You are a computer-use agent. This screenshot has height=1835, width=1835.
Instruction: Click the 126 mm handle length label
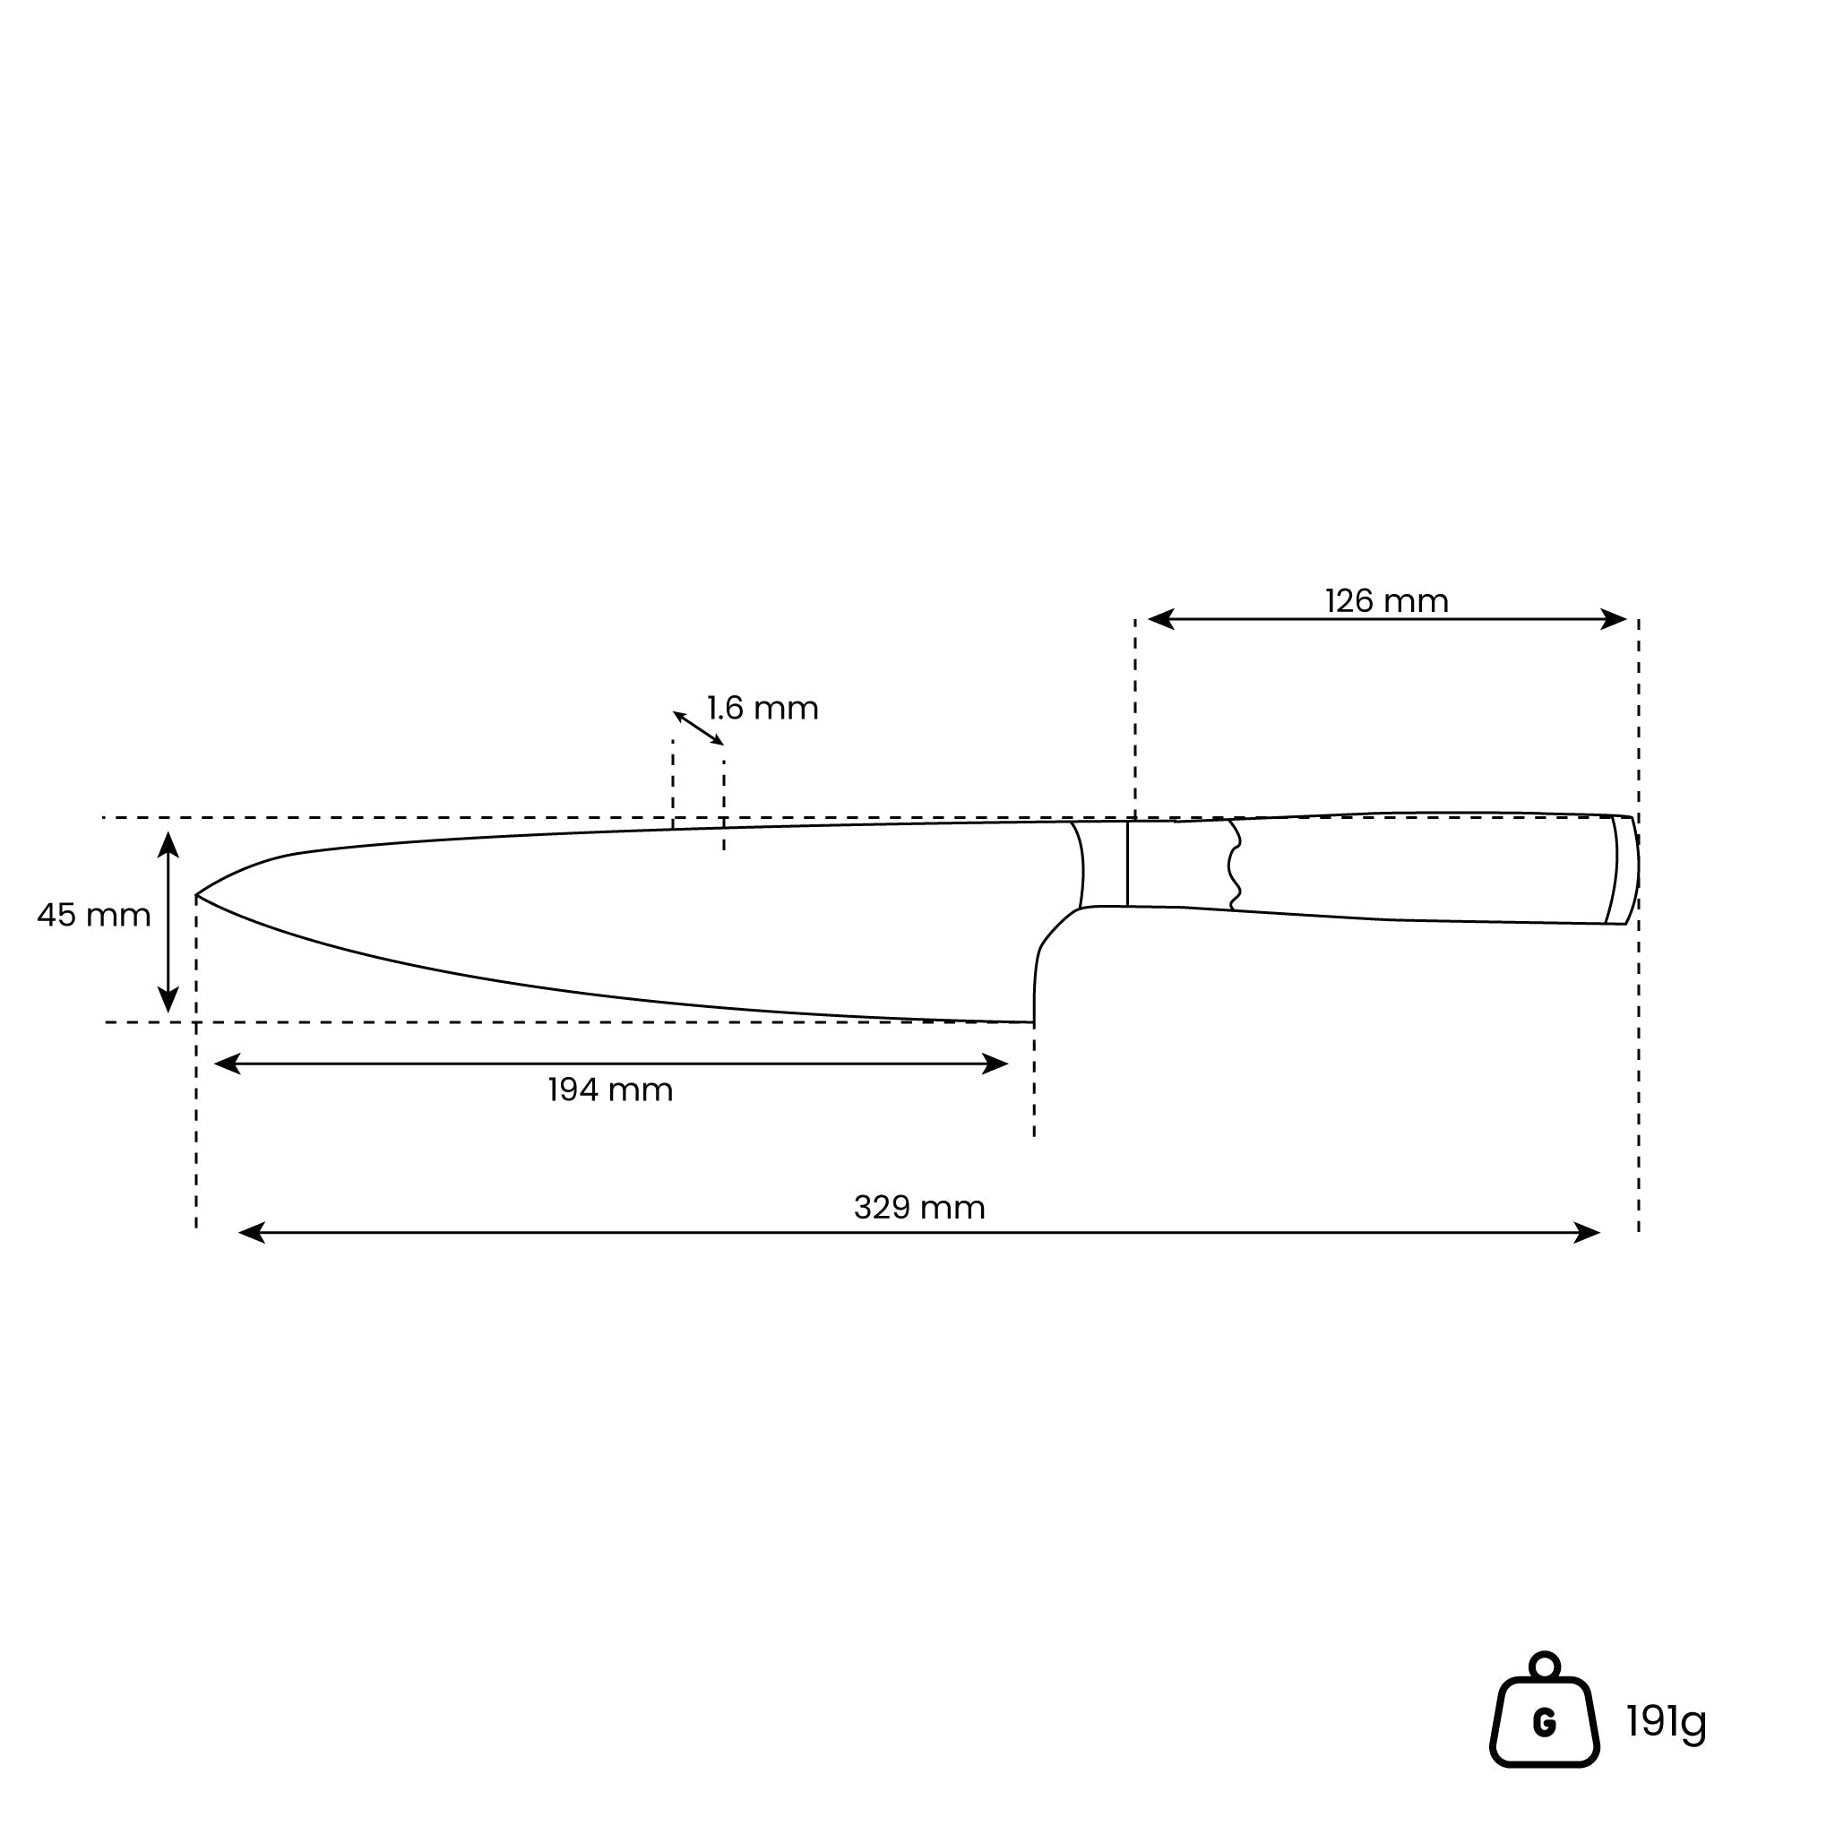pyautogui.click(x=1387, y=601)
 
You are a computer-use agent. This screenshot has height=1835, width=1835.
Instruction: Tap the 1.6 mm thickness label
pyautogui.click(x=762, y=709)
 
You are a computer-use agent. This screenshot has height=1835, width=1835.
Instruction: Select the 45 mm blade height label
pyautogui.click(x=94, y=916)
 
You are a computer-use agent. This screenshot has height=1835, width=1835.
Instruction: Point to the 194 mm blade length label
pyautogui.click(x=611, y=1090)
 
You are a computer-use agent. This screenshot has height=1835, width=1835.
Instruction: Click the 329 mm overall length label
pyautogui.click(x=919, y=1207)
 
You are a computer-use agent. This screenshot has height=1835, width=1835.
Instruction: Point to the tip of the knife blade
pyautogui.click(x=196, y=895)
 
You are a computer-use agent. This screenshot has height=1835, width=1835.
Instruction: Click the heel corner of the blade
pyautogui.click(x=1033, y=1022)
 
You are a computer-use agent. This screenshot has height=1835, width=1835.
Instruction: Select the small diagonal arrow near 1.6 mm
pyautogui.click(x=698, y=728)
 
